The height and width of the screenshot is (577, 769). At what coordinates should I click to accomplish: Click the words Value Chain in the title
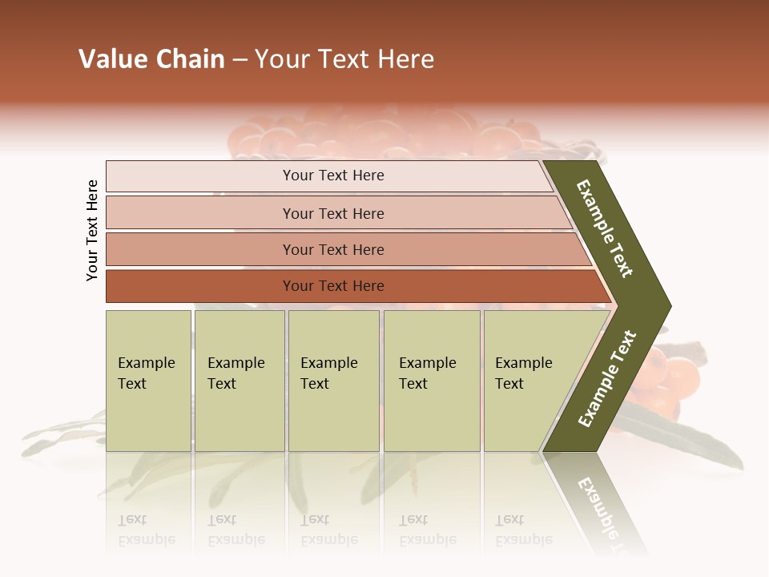pos(151,59)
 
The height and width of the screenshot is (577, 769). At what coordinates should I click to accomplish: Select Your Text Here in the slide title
pos(344,59)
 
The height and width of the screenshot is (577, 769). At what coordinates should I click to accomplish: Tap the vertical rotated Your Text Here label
pos(92,230)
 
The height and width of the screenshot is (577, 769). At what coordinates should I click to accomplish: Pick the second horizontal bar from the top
pos(332,213)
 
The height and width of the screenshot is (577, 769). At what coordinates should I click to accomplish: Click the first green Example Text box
pos(148,381)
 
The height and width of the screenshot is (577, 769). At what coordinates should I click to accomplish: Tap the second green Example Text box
pos(239,381)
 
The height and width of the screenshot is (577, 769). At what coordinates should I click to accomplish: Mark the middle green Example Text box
pos(333,381)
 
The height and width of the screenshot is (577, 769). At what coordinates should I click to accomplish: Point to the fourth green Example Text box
pos(431,381)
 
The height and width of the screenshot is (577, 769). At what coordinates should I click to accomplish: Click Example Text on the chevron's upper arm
pos(606,229)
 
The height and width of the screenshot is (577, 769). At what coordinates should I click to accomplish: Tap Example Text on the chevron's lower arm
pos(607,378)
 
